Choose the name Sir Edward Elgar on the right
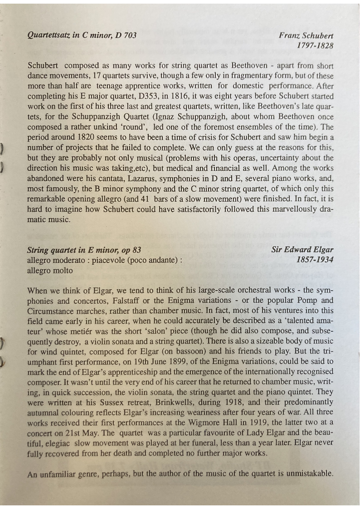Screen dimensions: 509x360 click(302, 249)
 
